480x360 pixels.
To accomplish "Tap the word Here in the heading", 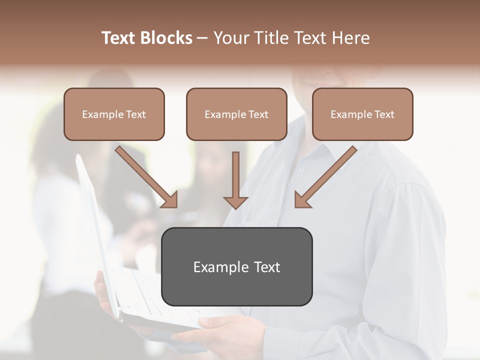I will pyautogui.click(x=352, y=38).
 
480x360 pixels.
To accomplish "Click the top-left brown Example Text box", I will pyautogui.click(x=114, y=114).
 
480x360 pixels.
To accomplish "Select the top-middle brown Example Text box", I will pyautogui.click(x=236, y=114).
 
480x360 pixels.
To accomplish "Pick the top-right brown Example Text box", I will pyautogui.click(x=362, y=114).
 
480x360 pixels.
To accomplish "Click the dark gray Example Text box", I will pyautogui.click(x=236, y=266).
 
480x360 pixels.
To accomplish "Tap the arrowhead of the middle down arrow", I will pyautogui.click(x=235, y=202).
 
